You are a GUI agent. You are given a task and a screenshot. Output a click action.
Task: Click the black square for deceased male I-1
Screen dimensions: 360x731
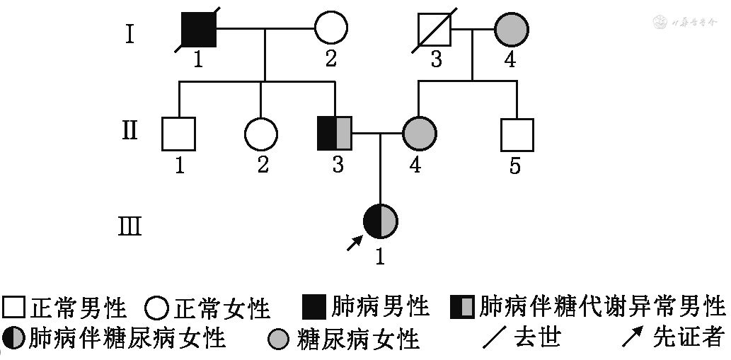point(198,30)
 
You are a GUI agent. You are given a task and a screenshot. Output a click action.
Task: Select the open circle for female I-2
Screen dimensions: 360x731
point(330,30)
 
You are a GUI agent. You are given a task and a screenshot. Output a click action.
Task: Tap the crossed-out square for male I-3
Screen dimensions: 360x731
point(435,30)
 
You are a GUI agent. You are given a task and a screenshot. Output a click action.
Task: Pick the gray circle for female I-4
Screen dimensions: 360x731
point(511,30)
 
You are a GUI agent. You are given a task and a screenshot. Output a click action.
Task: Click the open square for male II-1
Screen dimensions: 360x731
point(178,134)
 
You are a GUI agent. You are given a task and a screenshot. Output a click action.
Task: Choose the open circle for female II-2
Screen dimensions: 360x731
point(260,134)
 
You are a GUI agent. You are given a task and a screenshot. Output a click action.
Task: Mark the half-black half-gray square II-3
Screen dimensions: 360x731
point(335,134)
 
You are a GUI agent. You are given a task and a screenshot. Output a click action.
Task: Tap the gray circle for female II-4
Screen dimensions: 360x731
point(419,133)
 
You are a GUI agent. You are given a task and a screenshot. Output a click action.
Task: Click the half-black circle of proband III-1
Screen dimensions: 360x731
point(381,221)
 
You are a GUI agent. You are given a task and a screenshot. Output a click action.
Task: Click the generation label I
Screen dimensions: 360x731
point(129,33)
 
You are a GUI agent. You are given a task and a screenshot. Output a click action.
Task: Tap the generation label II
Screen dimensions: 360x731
point(129,131)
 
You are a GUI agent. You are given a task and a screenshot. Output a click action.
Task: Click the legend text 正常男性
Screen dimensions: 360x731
point(78,308)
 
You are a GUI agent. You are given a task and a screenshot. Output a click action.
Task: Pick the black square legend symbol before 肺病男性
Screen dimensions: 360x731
point(314,306)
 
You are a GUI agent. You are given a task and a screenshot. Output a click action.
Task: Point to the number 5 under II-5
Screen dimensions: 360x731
point(516,166)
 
